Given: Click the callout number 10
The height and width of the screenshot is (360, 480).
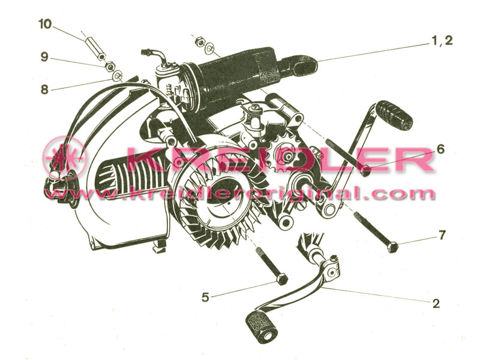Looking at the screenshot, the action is click(x=46, y=24).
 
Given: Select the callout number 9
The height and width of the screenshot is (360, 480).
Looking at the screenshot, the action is click(x=44, y=56).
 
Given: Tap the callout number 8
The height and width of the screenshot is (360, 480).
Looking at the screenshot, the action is click(x=44, y=89).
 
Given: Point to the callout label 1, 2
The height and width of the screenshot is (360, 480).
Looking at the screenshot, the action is click(x=442, y=40).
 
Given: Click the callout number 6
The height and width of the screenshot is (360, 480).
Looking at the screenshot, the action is click(x=440, y=149).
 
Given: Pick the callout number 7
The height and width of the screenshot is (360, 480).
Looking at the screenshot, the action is click(x=442, y=235).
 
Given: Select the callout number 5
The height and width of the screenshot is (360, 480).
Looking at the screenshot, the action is click(x=205, y=297).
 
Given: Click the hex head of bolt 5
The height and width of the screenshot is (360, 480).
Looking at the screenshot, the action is click(x=282, y=279).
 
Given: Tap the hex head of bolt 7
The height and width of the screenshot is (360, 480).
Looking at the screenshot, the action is click(x=392, y=247).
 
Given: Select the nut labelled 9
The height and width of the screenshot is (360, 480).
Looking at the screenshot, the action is click(x=110, y=65).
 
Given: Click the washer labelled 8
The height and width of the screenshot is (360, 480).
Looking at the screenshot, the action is click(x=118, y=75).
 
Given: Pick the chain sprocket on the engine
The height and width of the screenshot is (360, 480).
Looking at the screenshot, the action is click(x=287, y=157).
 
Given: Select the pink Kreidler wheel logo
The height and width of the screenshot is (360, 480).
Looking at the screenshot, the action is click(x=65, y=155).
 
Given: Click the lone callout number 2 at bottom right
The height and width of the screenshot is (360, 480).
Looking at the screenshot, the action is click(x=436, y=303).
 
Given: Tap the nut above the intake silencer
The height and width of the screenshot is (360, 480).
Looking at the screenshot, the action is click(x=199, y=41).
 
